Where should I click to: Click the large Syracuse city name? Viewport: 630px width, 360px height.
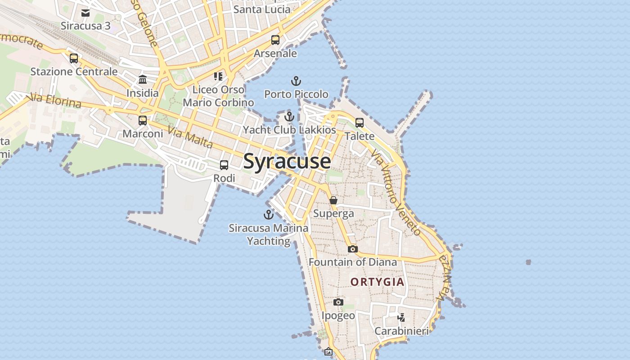(x=287, y=161)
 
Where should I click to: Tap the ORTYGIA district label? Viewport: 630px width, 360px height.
(x=377, y=282)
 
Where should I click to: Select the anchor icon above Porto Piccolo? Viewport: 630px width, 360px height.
(x=296, y=81)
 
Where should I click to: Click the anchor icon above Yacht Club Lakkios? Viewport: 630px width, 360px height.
(x=289, y=117)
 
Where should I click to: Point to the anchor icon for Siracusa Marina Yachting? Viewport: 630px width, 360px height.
(x=269, y=214)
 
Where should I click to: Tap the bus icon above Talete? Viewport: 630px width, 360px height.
(x=360, y=122)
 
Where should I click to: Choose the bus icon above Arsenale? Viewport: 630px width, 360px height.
(x=275, y=40)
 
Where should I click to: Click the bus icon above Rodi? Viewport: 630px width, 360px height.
(x=224, y=165)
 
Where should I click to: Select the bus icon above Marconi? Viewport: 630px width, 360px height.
(x=143, y=121)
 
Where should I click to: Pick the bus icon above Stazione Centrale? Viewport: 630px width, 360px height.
(x=74, y=58)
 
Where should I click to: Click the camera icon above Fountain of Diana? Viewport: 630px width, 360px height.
(x=353, y=249)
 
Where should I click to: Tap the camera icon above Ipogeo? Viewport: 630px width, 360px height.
(x=338, y=302)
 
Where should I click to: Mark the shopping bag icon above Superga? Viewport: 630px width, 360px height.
(x=333, y=200)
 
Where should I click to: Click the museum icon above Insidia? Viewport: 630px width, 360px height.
(x=143, y=80)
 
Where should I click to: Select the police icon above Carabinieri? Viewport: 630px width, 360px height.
(x=401, y=318)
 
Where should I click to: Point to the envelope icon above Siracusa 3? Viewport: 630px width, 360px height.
(x=85, y=13)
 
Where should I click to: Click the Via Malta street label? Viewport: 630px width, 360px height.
(x=190, y=138)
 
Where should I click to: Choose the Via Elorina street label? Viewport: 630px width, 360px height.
(x=54, y=100)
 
